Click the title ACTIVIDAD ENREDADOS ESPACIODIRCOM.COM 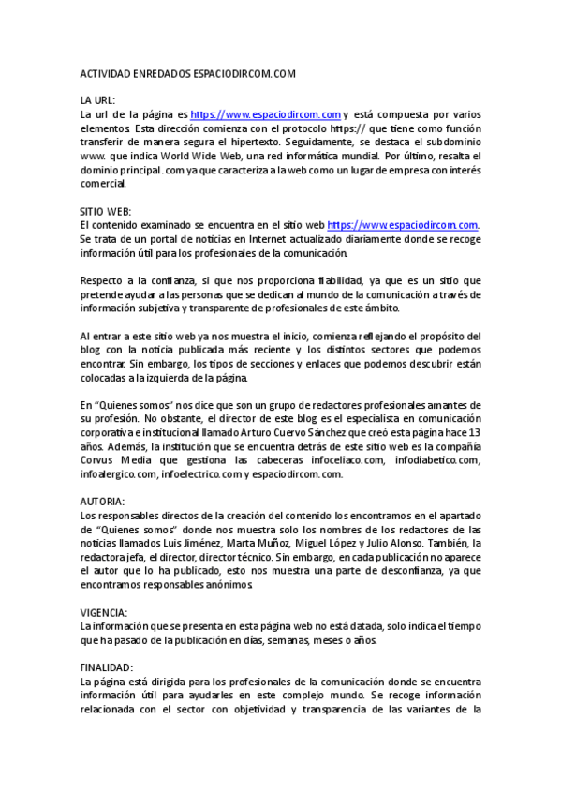click(x=188, y=73)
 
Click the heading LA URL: click(x=97, y=99)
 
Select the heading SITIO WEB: click(x=106, y=211)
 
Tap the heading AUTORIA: click(x=102, y=501)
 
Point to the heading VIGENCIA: click(x=104, y=612)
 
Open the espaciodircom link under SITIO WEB click(x=403, y=225)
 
